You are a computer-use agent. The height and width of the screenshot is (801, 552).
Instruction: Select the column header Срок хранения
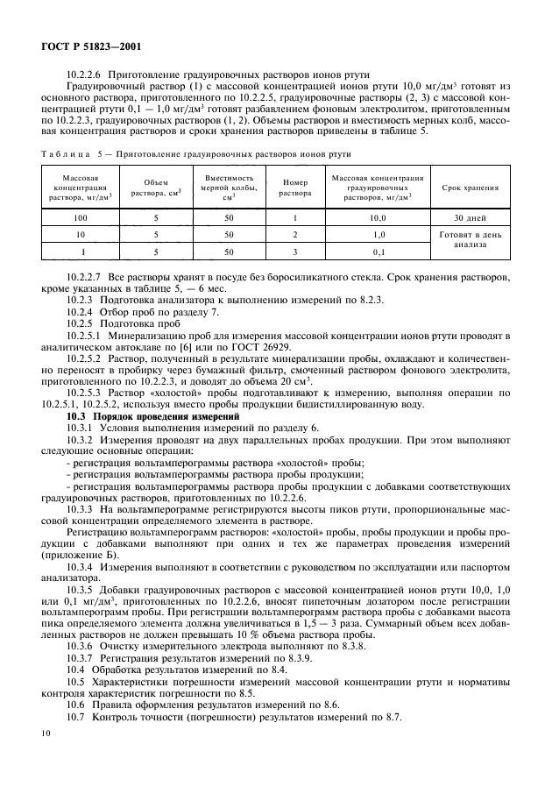coord(470,188)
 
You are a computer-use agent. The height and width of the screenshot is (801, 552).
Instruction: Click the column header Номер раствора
coord(295,188)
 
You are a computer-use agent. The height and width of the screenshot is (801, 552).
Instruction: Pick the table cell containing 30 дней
coord(470,217)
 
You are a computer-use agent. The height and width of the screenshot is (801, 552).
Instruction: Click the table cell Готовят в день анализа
coord(470,241)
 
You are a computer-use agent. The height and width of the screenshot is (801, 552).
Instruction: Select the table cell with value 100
coord(81,217)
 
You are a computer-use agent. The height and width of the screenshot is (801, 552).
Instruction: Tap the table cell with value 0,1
coord(379,252)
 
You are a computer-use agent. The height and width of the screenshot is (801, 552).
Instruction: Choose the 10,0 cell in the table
coord(379,217)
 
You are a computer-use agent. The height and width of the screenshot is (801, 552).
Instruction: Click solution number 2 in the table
coord(295,235)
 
